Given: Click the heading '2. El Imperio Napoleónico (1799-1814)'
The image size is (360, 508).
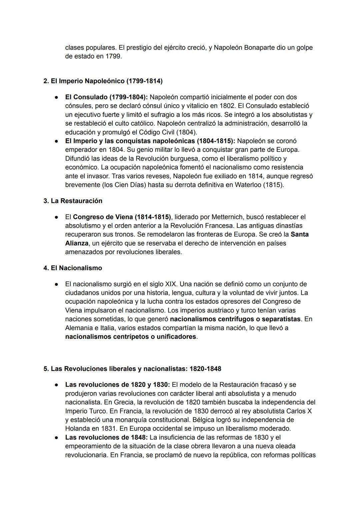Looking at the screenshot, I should tap(103, 81).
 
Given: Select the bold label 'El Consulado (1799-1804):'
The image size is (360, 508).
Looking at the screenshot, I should tap(106, 97).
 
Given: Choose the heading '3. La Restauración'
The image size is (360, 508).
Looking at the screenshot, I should tap(73, 201).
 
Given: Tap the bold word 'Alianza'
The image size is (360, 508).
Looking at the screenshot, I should tap(77, 243).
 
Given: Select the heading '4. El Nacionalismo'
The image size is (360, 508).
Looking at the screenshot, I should tap(73, 268).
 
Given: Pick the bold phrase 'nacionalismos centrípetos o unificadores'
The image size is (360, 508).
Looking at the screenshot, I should tap(131, 336).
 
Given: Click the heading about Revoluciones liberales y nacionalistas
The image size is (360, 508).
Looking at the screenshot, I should tap(132, 369).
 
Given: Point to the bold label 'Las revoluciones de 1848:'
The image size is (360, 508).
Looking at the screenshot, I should tap(106, 437).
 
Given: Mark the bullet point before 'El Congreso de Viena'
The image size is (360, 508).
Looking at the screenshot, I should tap(57, 217).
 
